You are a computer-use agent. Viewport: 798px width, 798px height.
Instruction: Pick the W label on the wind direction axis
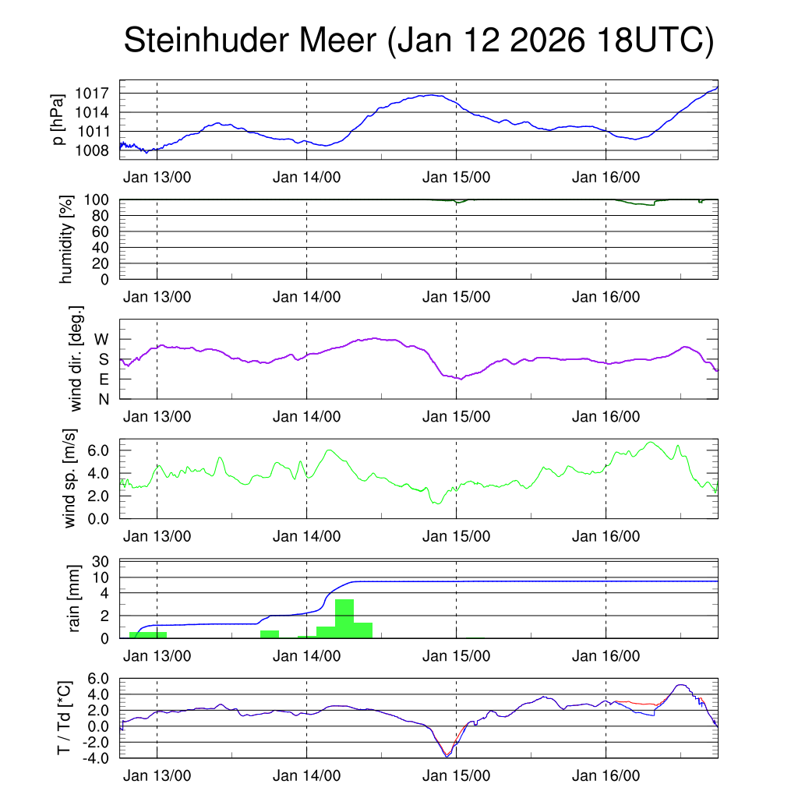point(101,340)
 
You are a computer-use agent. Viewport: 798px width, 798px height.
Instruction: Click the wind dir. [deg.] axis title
point(76,358)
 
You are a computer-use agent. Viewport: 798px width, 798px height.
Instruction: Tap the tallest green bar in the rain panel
point(344,618)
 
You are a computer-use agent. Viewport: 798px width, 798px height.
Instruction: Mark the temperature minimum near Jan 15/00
point(447,756)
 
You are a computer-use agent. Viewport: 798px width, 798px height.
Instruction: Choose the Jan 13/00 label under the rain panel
point(157,656)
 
